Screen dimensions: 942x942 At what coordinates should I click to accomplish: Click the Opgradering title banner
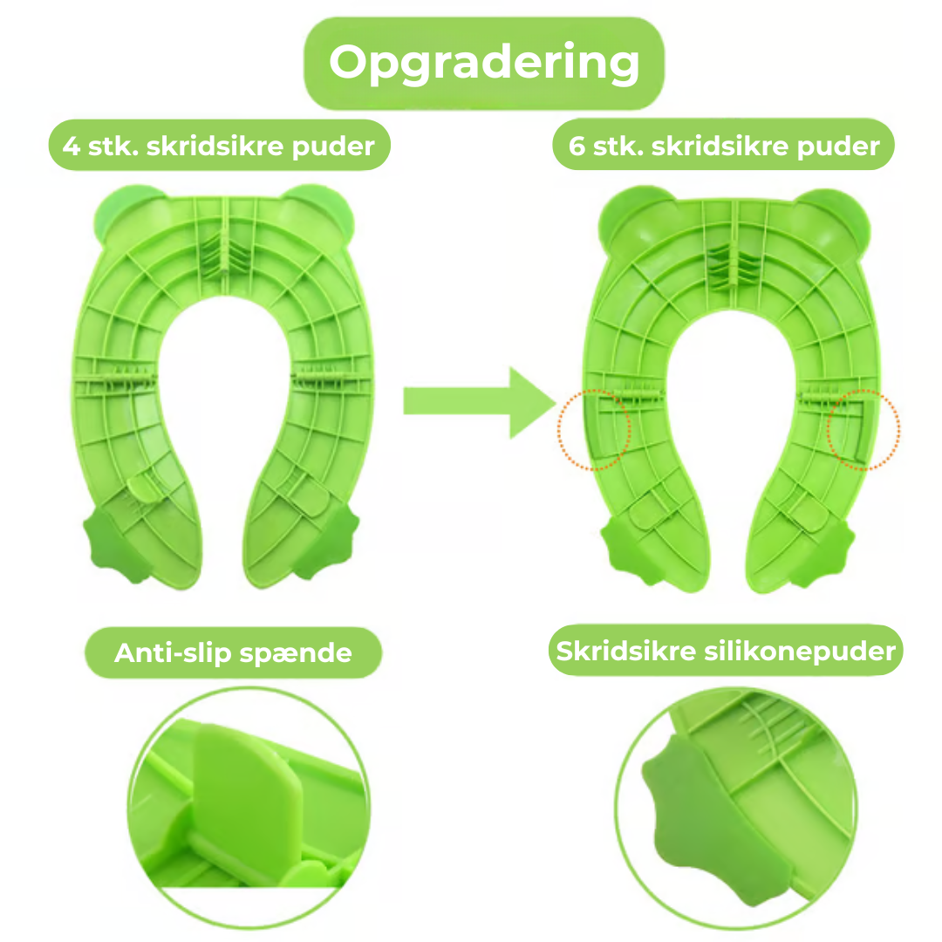tap(483, 63)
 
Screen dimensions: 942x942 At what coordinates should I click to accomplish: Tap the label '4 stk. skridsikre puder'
tap(218, 145)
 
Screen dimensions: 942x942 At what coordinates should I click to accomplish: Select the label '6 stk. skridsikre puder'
tap(724, 145)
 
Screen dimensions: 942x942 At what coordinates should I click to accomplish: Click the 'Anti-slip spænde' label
tap(233, 652)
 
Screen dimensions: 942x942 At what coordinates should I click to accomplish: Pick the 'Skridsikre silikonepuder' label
tap(726, 651)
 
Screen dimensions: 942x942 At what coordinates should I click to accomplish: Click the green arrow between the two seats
tap(479, 402)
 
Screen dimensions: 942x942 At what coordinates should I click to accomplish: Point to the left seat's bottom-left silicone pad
tap(113, 544)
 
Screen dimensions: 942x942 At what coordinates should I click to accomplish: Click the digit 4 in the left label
tap(72, 146)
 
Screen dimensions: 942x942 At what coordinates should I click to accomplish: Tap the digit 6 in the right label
tap(577, 146)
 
